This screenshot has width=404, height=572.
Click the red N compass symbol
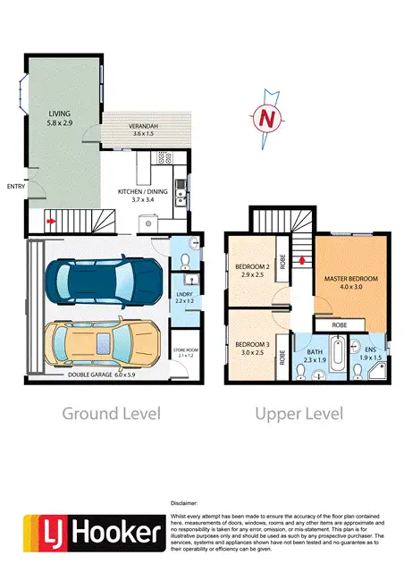(264, 116)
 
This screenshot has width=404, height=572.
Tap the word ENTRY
(15, 186)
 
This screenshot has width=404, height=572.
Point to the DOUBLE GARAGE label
(100, 376)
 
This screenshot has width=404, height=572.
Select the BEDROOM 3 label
(252, 348)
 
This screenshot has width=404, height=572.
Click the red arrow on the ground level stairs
(50, 218)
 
